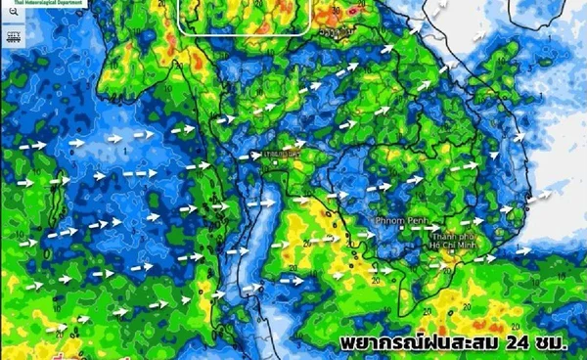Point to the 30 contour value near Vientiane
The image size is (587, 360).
coord(337,12)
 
